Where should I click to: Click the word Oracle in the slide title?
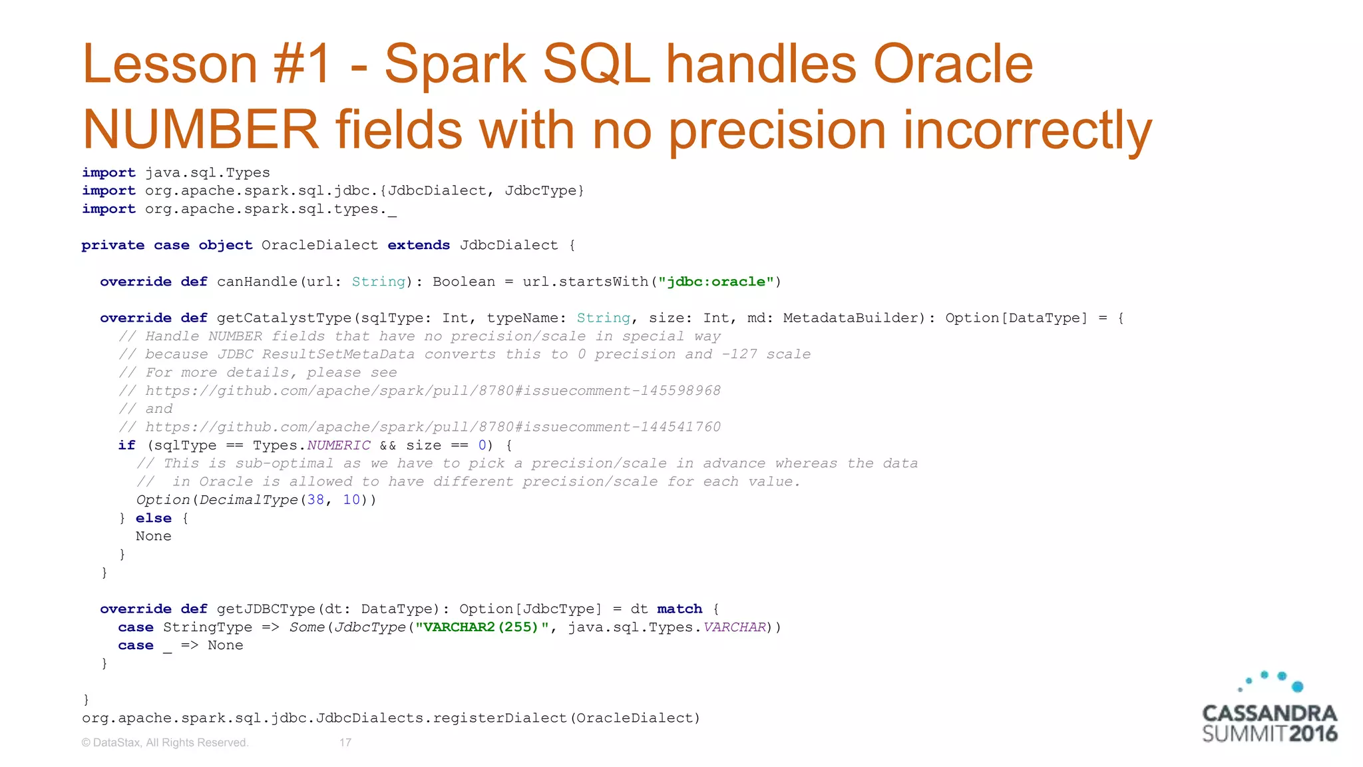click(x=952, y=65)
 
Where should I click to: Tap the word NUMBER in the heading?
click(x=200, y=130)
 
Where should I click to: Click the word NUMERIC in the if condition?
click(x=338, y=445)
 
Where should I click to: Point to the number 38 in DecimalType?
click(x=315, y=500)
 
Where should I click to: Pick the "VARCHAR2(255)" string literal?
click(x=481, y=627)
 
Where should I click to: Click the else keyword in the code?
click(x=153, y=518)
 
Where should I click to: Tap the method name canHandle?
click(x=257, y=282)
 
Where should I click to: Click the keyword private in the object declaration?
click(x=112, y=245)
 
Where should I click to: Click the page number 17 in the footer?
click(x=345, y=742)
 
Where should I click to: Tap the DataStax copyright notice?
click(x=165, y=742)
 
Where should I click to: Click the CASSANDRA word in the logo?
click(x=1269, y=714)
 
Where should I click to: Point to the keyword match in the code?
click(x=680, y=609)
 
